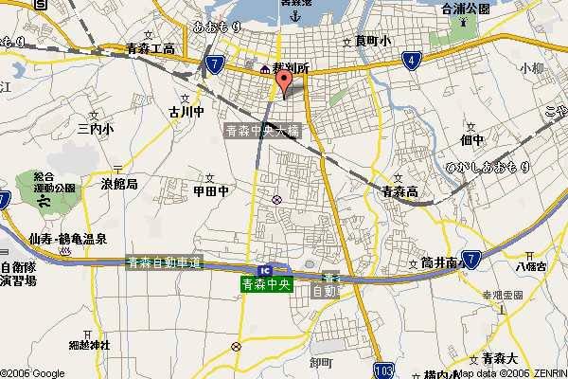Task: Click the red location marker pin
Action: tap(282, 83)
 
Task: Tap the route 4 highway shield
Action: tap(411, 62)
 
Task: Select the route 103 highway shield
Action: tap(383, 369)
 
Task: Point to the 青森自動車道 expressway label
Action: tap(165, 262)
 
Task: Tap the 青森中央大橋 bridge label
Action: tap(262, 132)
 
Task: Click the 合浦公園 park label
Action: tap(466, 9)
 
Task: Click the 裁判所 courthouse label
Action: tap(291, 69)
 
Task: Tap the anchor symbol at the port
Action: tap(293, 16)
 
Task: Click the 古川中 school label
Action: tap(186, 112)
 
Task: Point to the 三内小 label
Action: tap(96, 128)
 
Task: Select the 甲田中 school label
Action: tap(211, 190)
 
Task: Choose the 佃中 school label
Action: tap(471, 140)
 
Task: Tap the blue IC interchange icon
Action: tap(275, 270)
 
